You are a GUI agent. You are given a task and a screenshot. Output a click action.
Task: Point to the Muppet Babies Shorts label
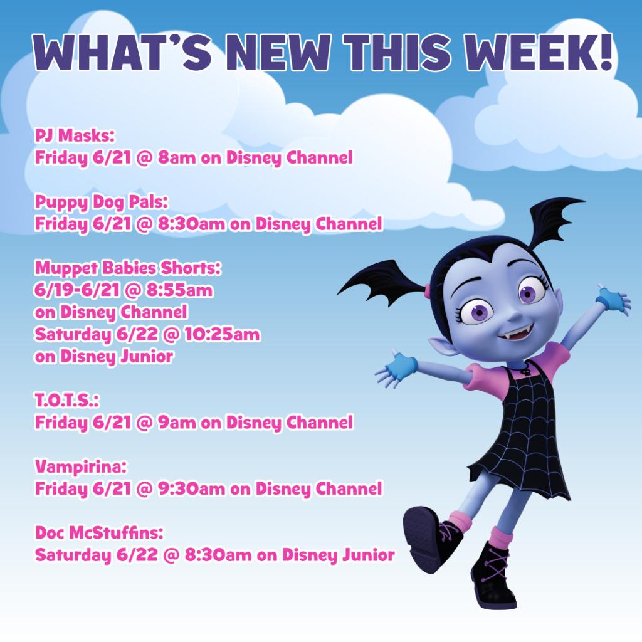[128, 268]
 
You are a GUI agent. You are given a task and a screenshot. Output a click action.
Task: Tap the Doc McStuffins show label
[98, 534]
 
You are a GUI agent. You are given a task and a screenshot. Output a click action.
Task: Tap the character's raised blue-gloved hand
[613, 300]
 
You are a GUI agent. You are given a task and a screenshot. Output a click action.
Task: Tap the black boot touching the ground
[493, 577]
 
